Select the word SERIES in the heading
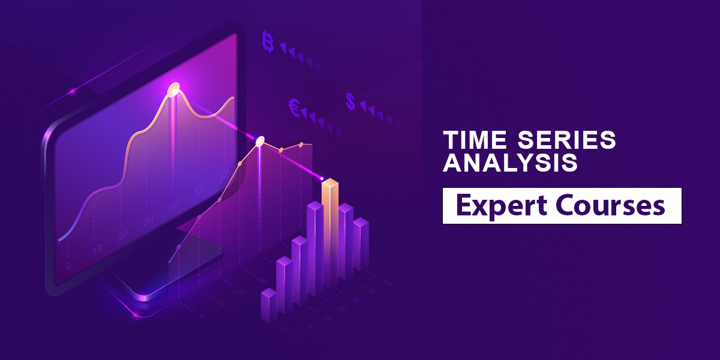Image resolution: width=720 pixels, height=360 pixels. coord(566,140)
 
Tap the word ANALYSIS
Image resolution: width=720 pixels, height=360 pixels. coord(510,163)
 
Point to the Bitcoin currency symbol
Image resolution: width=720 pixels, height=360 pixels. coord(268,41)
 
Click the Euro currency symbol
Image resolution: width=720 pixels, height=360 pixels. coord(294,107)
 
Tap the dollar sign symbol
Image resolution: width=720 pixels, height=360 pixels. coord(350,101)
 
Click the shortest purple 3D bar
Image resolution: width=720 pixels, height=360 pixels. coord(269,305)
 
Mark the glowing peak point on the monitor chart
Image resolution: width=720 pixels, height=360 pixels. coord(174,89)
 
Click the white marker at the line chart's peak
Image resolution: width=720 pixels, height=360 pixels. coord(260,141)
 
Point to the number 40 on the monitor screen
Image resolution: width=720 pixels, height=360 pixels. coord(174,205)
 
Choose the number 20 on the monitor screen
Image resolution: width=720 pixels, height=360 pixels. coord(122,236)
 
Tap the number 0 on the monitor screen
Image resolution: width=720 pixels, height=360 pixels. coord(68,266)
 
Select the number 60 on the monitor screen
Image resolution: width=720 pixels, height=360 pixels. coord(225,175)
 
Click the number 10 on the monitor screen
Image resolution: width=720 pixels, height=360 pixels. coord(97,250)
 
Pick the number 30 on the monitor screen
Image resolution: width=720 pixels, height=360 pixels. coord(148,221)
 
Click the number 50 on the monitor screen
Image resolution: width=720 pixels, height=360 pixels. coord(199,191)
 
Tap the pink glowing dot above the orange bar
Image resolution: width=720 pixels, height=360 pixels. coord(322,178)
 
